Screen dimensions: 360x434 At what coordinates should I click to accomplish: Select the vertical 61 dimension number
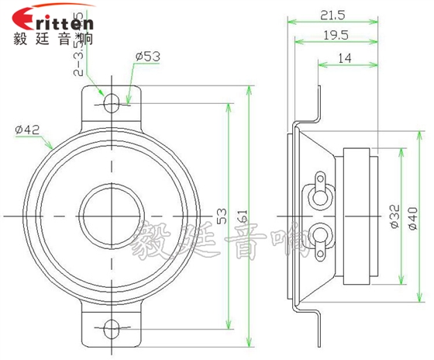(x=241, y=216)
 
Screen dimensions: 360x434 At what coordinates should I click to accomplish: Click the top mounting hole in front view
(x=112, y=102)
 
